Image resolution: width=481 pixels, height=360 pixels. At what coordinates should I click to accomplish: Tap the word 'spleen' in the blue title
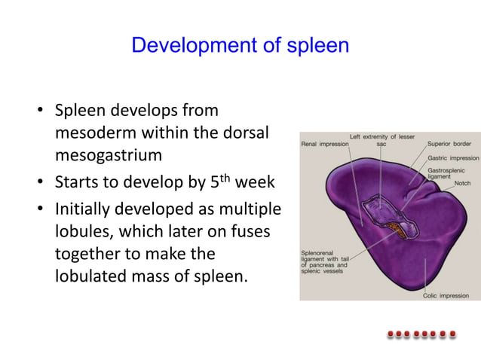coord(317,46)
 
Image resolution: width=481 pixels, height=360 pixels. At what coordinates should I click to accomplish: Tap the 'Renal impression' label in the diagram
coord(323,143)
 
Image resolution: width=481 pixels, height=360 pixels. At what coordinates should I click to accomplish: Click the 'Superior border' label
coord(449,143)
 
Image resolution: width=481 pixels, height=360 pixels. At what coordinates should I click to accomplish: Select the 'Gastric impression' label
coord(453,158)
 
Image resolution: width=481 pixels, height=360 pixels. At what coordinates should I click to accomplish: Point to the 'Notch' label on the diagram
coord(462,184)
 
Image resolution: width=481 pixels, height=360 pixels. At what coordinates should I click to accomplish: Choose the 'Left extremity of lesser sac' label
coord(381,139)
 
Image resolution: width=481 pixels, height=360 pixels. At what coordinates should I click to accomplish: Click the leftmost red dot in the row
coord(391,334)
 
